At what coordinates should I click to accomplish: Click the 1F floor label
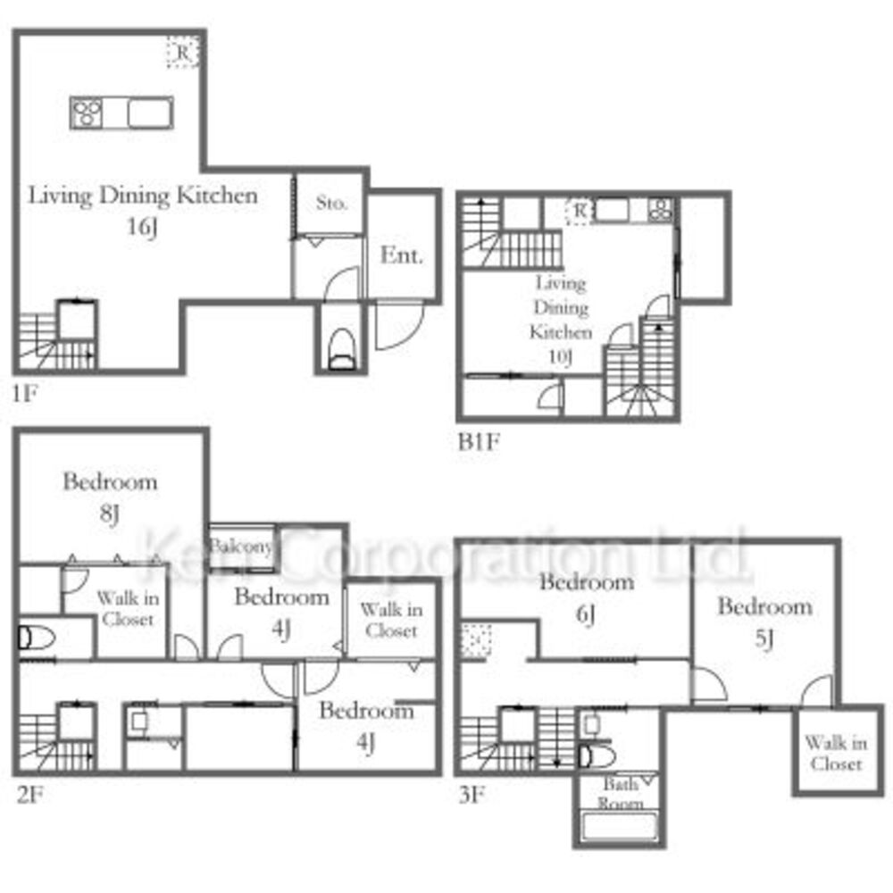(26, 394)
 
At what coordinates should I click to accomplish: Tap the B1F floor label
(479, 442)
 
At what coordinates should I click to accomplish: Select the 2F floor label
(30, 795)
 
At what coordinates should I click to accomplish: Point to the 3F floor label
(472, 795)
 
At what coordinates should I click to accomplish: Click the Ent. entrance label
(402, 255)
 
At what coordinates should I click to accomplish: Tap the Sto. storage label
(331, 202)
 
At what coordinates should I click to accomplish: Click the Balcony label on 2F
(241, 547)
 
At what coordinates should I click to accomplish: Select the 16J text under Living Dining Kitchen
(142, 227)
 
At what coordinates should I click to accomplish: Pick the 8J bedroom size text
(109, 514)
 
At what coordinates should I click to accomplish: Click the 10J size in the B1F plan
(561, 357)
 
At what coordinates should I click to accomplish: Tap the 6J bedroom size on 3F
(586, 614)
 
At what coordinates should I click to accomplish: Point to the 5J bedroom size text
(764, 639)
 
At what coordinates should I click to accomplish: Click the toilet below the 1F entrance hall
(342, 348)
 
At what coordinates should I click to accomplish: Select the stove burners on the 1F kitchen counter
(87, 113)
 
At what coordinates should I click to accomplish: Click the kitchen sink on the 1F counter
(150, 113)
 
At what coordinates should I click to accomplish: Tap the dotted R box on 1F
(183, 53)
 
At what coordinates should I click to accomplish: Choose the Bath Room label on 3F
(621, 794)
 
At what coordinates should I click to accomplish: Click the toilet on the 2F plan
(37, 638)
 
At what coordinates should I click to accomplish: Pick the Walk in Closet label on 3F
(836, 753)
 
